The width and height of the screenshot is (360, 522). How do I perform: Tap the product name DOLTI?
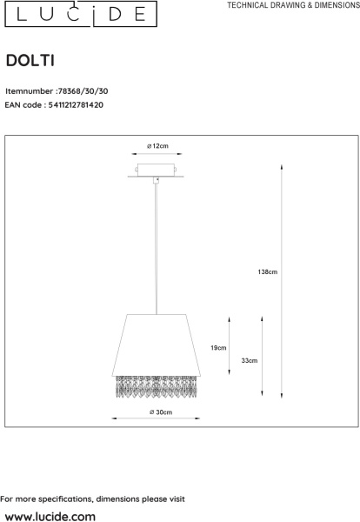(x=33, y=61)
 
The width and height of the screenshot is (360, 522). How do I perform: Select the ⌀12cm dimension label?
(x=157, y=145)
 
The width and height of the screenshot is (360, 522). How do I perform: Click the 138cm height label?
(x=268, y=272)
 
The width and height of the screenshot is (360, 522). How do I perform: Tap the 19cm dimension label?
(x=218, y=348)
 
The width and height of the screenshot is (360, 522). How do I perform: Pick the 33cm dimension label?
(x=250, y=359)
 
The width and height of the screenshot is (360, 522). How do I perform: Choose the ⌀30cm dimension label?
(x=158, y=411)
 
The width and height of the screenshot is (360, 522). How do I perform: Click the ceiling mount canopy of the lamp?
(x=157, y=171)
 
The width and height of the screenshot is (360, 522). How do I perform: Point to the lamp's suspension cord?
(x=157, y=244)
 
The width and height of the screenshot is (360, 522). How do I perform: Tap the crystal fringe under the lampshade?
(x=157, y=384)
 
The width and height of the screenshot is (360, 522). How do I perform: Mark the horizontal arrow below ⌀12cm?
(x=157, y=156)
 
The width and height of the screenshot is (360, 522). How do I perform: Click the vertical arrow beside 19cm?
(x=230, y=346)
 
